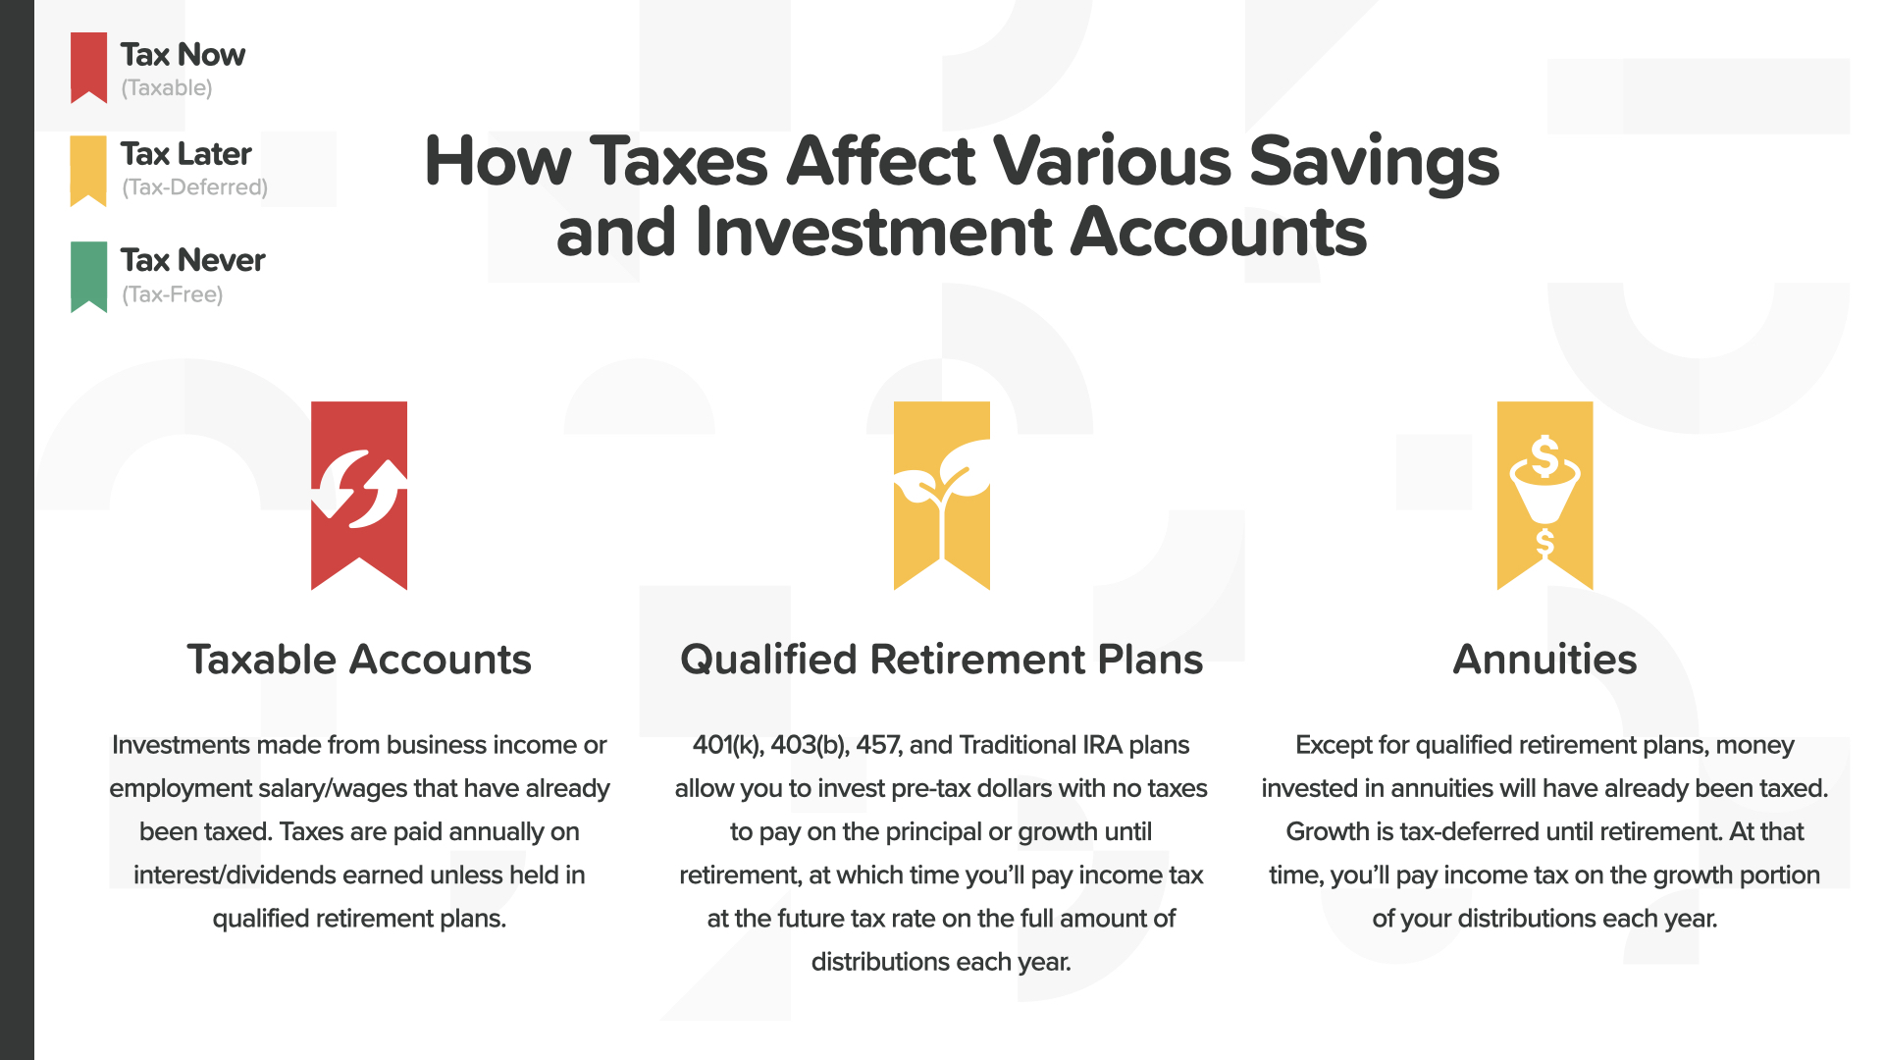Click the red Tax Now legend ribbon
click(88, 67)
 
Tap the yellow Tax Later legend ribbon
click(88, 170)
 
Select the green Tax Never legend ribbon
click(88, 276)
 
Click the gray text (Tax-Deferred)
click(194, 187)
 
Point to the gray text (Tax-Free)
click(173, 294)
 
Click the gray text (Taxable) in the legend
click(167, 88)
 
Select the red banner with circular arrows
click(359, 496)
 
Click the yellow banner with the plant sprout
click(942, 496)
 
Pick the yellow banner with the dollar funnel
click(1544, 496)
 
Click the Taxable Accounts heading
click(359, 660)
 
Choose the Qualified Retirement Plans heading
click(941, 660)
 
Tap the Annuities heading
click(1544, 660)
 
